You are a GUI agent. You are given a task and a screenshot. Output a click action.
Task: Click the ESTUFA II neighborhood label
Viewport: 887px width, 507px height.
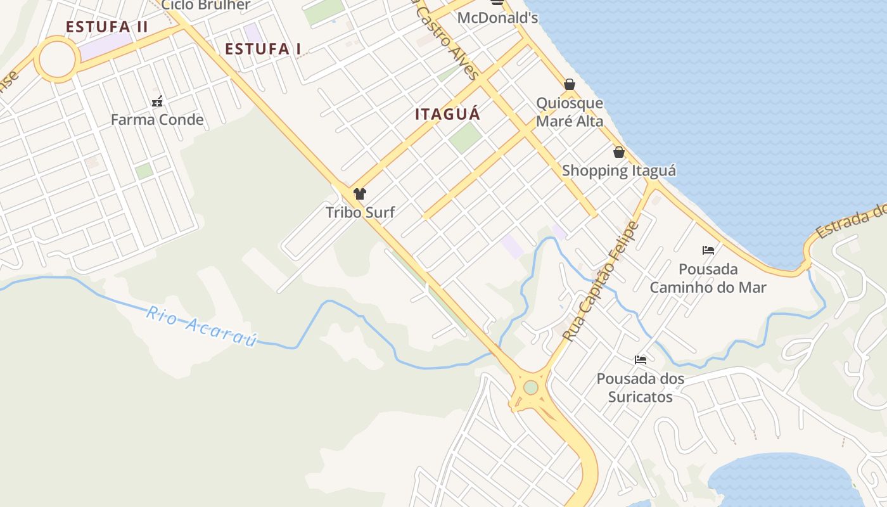pyautogui.click(x=107, y=27)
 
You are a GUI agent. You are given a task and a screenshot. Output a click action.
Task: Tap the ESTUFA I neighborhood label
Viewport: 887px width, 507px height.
pyautogui.click(x=263, y=49)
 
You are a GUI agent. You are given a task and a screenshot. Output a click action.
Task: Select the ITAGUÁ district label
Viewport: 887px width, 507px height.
pyautogui.click(x=447, y=114)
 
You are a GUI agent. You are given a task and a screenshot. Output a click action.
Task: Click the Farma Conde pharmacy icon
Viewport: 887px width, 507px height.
pyautogui.click(x=157, y=101)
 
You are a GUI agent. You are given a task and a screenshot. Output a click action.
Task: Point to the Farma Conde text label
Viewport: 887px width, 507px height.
pyautogui.click(x=157, y=120)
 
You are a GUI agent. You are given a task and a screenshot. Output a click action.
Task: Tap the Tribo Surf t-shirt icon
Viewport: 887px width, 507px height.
pyautogui.click(x=360, y=194)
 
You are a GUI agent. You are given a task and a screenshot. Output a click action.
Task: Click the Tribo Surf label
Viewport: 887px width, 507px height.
pyautogui.click(x=360, y=212)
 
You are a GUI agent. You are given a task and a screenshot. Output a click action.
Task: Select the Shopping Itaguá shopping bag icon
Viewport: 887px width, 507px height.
pyautogui.click(x=619, y=152)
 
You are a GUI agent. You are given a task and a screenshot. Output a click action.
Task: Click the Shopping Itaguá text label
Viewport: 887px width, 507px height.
pyautogui.click(x=619, y=170)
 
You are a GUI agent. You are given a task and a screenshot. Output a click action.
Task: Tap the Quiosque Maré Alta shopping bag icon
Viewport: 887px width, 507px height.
pyautogui.click(x=570, y=84)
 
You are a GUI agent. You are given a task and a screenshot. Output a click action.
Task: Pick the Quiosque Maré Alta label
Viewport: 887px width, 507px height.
pyautogui.click(x=570, y=112)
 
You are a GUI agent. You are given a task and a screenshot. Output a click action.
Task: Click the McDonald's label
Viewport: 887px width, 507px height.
pyautogui.click(x=497, y=18)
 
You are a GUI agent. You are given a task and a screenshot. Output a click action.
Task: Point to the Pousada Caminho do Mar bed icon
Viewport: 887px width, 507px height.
pyautogui.click(x=708, y=250)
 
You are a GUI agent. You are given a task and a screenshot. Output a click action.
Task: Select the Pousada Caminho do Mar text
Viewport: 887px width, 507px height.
pyautogui.click(x=708, y=278)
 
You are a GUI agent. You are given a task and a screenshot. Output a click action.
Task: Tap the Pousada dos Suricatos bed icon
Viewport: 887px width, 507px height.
pyautogui.click(x=641, y=360)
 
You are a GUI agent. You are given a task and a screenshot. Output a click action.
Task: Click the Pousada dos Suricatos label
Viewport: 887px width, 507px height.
pyautogui.click(x=641, y=388)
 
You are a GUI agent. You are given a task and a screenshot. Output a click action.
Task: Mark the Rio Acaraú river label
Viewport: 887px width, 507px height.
pyautogui.click(x=201, y=327)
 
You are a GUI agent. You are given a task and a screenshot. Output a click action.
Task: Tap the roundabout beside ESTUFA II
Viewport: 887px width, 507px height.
pyautogui.click(x=58, y=59)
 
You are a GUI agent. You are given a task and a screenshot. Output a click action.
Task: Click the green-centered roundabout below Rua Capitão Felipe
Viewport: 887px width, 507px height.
pyautogui.click(x=531, y=387)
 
